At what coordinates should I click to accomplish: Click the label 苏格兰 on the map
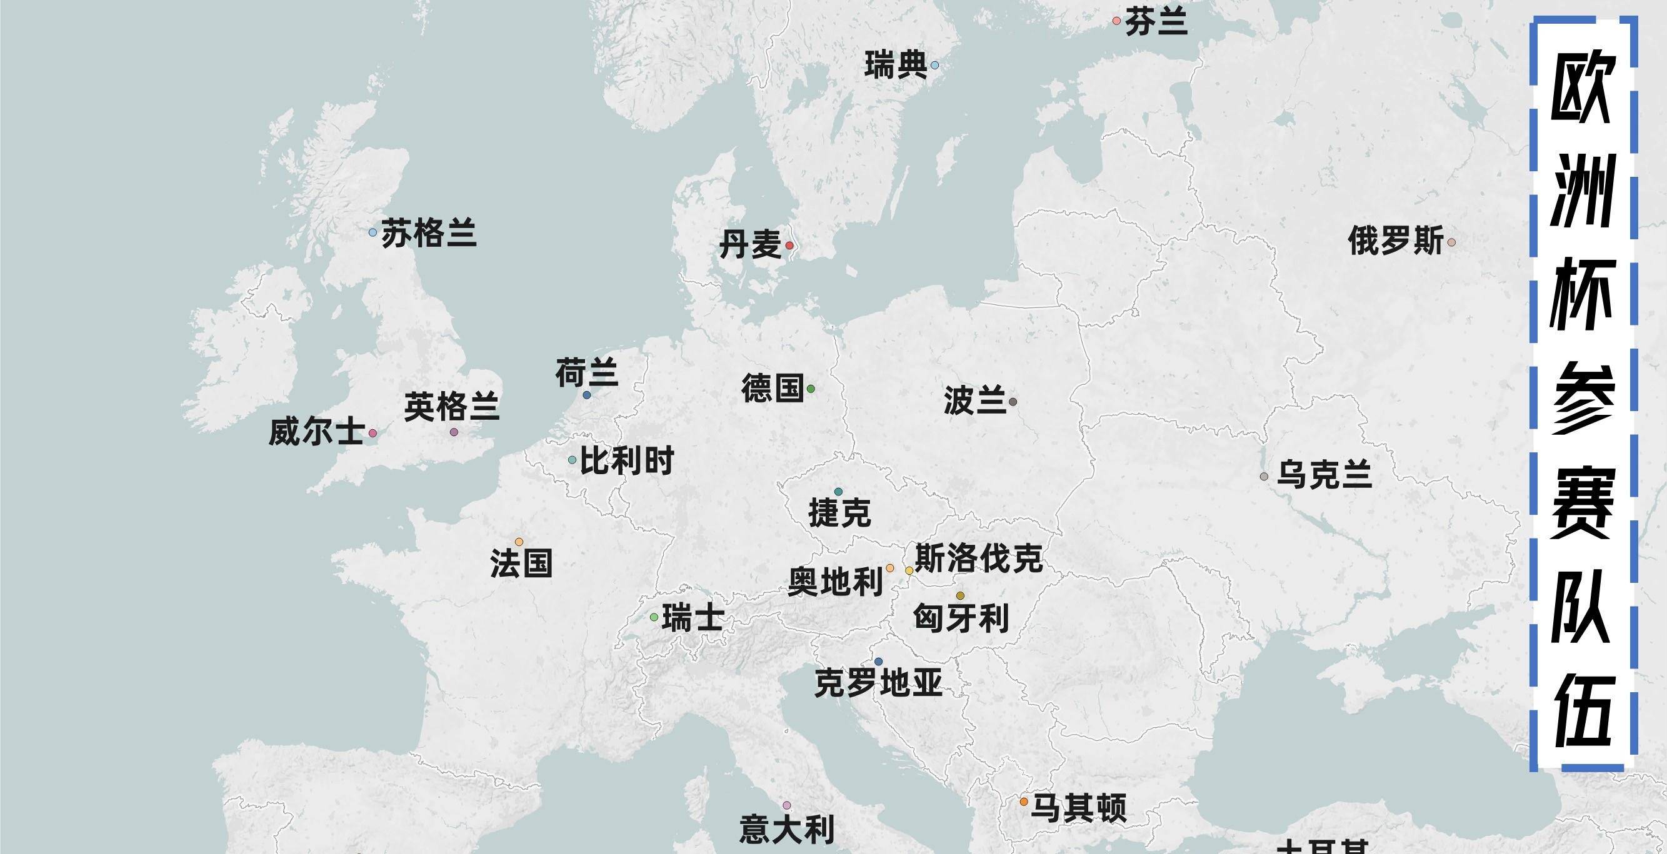[x=428, y=234]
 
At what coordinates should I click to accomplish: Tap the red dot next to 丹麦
[x=789, y=245]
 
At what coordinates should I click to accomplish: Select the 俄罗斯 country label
[x=1396, y=241]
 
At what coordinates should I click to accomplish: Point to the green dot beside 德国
[x=811, y=389]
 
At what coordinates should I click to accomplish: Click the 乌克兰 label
[x=1324, y=475]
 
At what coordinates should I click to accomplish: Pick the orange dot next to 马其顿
[x=1024, y=802]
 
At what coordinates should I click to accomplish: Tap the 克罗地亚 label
[x=878, y=683]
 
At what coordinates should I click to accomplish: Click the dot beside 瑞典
[x=934, y=66]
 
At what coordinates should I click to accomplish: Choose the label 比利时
[x=626, y=460]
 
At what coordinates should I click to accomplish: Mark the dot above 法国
[x=519, y=542]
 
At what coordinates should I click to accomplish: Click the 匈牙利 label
[x=961, y=618]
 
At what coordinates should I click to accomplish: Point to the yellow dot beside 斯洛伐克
[x=909, y=570]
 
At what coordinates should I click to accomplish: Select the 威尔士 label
[x=316, y=432]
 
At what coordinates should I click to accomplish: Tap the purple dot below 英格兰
[x=454, y=432]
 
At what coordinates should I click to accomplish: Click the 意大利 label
[x=787, y=830]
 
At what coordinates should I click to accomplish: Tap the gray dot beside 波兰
[x=1013, y=402]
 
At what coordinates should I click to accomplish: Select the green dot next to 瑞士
[x=654, y=617]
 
